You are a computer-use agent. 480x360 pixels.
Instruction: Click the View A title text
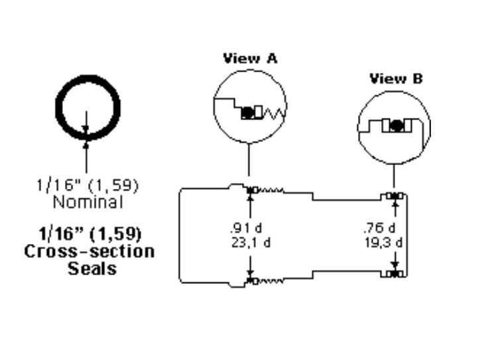[250, 58]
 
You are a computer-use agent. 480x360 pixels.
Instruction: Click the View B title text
[396, 79]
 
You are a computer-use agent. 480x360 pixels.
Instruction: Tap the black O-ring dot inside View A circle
[247, 113]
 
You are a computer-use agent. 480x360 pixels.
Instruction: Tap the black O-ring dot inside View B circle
[396, 125]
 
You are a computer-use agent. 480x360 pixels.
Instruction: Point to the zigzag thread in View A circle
[274, 113]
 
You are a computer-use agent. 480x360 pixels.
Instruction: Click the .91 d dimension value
[246, 228]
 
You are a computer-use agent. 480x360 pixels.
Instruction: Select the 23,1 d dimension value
[251, 243]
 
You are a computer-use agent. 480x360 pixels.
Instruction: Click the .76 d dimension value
[380, 228]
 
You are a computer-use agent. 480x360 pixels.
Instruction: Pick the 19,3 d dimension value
[383, 243]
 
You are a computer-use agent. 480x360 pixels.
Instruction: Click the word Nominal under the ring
[88, 202]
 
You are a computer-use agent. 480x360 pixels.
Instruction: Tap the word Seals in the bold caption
[92, 269]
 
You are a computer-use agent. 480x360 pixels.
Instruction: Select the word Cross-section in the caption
[90, 252]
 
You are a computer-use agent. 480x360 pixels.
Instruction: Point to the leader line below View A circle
[249, 159]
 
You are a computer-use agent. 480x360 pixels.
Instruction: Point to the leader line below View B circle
[394, 176]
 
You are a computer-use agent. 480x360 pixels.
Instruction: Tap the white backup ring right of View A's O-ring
[258, 112]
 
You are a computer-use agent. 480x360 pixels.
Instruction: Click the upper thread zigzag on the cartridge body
[271, 190]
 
